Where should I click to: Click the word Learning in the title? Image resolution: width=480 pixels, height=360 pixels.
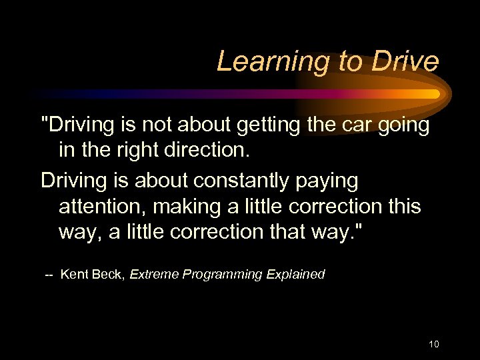point(262,61)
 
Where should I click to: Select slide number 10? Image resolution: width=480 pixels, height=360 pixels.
point(434,344)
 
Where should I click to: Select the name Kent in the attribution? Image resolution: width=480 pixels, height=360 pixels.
point(73,274)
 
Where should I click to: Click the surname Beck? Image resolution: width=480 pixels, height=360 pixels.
point(108,274)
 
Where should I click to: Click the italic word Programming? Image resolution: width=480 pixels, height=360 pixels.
point(225,275)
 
